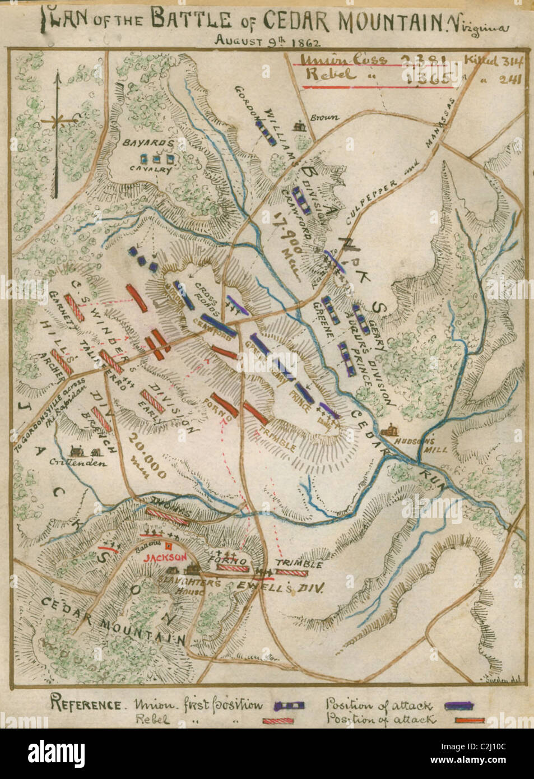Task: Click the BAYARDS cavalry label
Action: [x=149, y=143]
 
